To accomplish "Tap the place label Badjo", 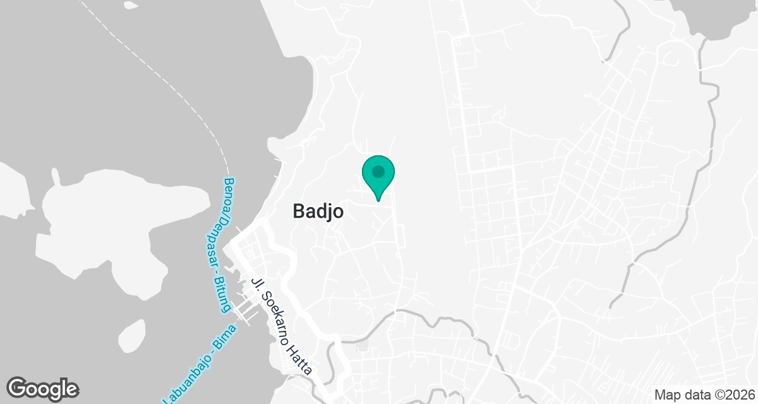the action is (x=318, y=212).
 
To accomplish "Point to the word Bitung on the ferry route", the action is (x=220, y=297).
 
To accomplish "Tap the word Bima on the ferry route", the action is (x=224, y=335).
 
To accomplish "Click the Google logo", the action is (x=43, y=388).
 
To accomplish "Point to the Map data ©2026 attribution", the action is (x=704, y=395).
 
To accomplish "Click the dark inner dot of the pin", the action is (x=378, y=171).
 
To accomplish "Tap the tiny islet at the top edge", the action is (x=131, y=5).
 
